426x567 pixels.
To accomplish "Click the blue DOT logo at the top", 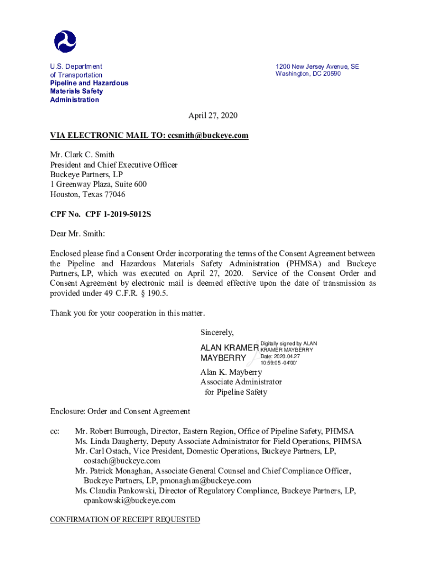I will click(x=65, y=42).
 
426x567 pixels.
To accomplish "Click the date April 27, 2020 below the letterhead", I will click(x=213, y=115).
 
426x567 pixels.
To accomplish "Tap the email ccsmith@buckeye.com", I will click(x=207, y=135).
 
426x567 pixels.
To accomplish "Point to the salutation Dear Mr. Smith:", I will click(x=77, y=234).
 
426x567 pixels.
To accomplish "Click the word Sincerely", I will click(x=217, y=333).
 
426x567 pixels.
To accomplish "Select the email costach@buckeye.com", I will click(x=122, y=461).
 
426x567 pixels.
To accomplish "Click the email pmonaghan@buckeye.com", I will click(x=205, y=481).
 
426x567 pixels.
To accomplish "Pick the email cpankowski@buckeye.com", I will click(x=129, y=501).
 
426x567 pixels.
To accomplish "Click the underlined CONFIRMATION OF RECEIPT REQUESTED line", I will click(x=125, y=519).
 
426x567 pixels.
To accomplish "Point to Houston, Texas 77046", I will click(x=88, y=194).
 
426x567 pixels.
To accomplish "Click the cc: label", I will click(x=55, y=431).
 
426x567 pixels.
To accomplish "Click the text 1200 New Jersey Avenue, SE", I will click(x=317, y=66).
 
